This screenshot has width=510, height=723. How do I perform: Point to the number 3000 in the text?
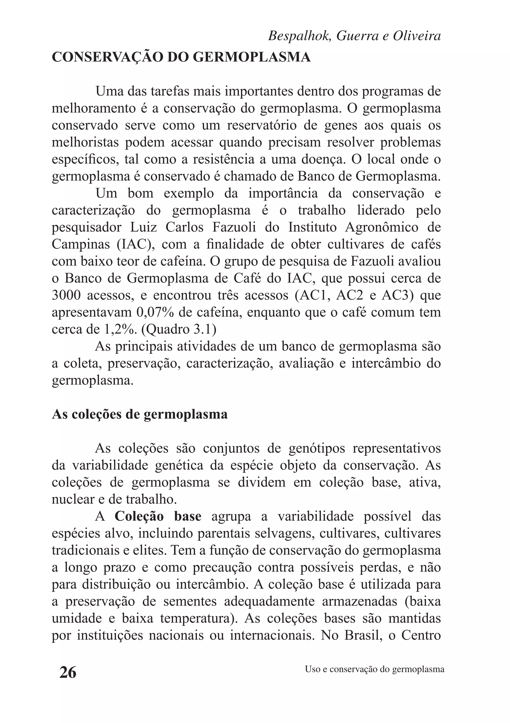(65, 296)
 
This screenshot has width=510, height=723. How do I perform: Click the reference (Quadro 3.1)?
(179, 330)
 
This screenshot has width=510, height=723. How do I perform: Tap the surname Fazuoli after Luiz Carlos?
(234, 227)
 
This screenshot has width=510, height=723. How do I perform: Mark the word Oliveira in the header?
(417, 36)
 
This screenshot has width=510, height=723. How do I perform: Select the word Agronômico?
(382, 227)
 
